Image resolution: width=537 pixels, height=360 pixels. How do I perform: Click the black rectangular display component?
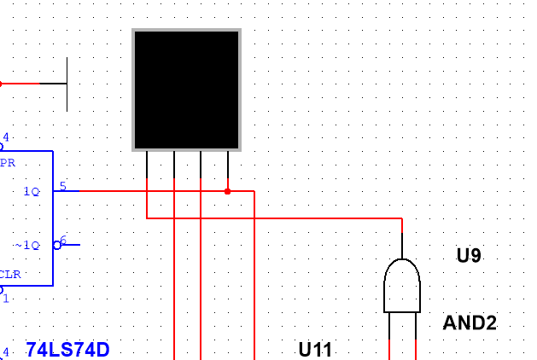tap(186, 90)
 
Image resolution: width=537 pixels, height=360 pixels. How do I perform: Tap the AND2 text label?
tap(470, 322)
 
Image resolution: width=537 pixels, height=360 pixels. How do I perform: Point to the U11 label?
tap(316, 349)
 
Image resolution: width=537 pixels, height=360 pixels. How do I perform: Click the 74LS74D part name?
tap(67, 349)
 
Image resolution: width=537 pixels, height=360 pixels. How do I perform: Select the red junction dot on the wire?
tap(227, 191)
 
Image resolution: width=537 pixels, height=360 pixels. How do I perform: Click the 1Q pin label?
tap(32, 192)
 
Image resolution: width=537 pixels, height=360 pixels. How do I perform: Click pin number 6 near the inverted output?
tap(63, 240)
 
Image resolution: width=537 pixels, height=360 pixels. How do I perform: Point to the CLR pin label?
tap(10, 275)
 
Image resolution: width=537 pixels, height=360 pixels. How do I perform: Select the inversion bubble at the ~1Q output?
tap(57, 245)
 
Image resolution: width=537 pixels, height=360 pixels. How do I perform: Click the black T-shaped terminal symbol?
tap(67, 84)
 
